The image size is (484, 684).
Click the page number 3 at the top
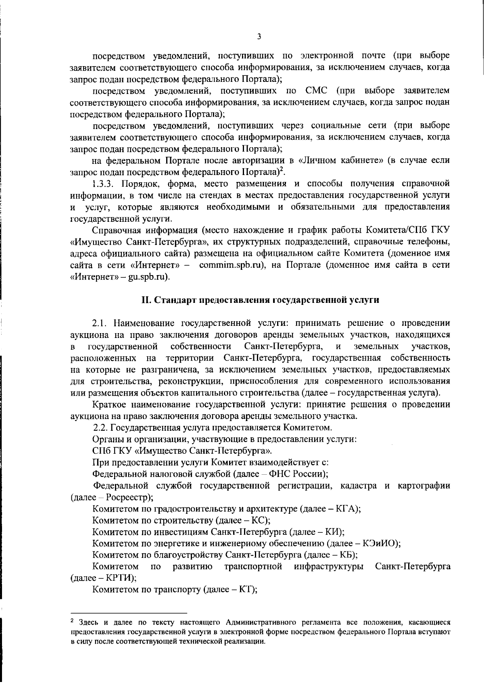click(x=259, y=36)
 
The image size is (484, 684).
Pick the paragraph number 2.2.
click(x=101, y=427)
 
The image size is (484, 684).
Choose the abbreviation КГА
click(x=347, y=509)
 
